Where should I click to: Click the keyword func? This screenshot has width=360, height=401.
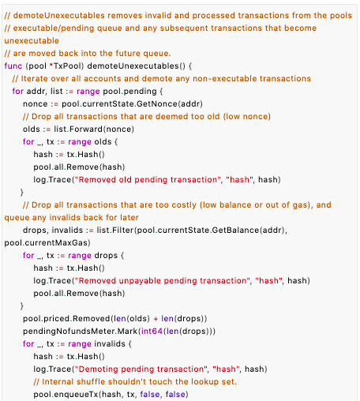pyautogui.click(x=13, y=66)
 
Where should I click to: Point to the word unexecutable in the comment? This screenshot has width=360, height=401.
pyautogui.click(x=32, y=40)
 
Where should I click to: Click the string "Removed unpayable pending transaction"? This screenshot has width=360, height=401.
pyautogui.click(x=163, y=280)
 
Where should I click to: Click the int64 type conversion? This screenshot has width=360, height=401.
pyautogui.click(x=152, y=331)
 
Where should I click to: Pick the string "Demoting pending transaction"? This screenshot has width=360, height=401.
pyautogui.click(x=141, y=369)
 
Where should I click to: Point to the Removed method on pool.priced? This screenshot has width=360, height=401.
pyautogui.click(x=92, y=318)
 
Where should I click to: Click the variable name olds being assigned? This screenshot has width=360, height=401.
pyautogui.click(x=32, y=129)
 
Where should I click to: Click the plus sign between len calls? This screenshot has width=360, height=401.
pyautogui.click(x=156, y=319)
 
